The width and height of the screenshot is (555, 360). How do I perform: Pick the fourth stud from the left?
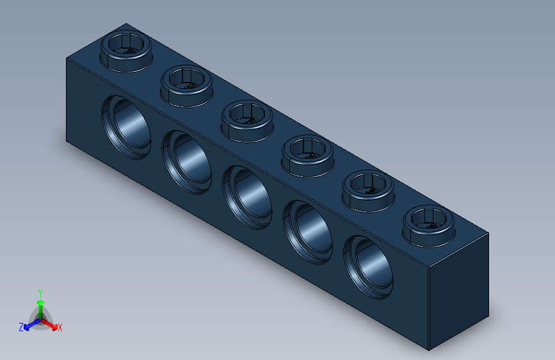(307, 152)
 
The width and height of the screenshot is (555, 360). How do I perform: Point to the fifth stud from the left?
(368, 187)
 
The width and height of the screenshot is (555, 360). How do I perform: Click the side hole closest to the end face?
(369, 266)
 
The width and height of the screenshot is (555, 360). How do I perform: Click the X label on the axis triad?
(60, 327)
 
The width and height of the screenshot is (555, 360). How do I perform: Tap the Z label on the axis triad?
(21, 327)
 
